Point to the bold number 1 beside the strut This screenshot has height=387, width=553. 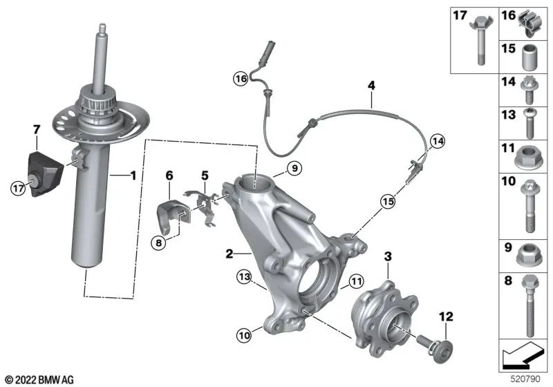[x=133, y=177]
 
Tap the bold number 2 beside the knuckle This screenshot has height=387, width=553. [x=229, y=254]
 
